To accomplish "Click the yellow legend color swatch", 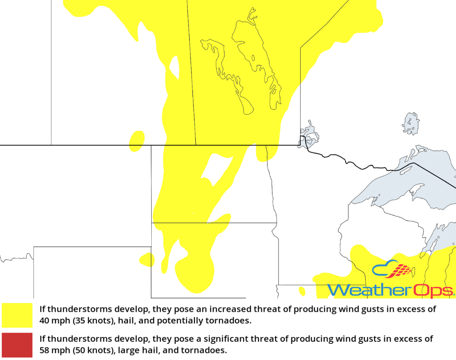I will [x=17, y=315].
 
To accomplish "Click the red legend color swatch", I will [x=17, y=345].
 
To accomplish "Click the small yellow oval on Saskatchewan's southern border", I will [x=136, y=140].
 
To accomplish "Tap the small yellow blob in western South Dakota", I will [x=147, y=260].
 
